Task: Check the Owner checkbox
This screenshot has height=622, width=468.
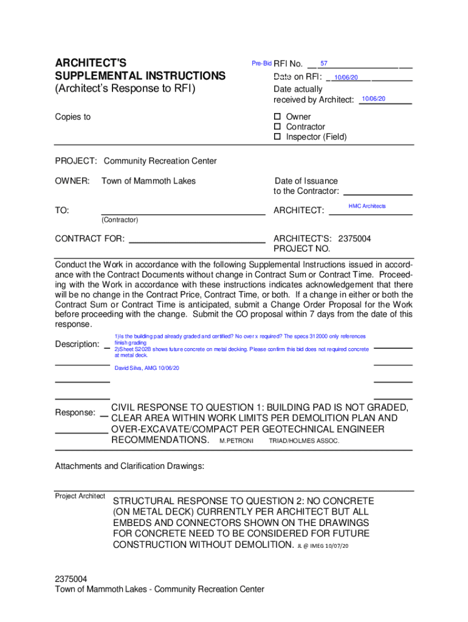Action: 277,117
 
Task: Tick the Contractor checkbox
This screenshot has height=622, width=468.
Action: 277,127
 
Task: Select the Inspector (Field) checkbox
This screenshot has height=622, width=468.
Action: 277,137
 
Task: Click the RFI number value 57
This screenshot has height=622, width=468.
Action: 324,64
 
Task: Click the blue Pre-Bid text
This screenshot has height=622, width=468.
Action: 261,64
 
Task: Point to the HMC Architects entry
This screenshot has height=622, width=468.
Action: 367,207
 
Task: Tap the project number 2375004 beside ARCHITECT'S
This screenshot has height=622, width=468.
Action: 354,239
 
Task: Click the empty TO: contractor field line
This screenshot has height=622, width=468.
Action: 183,214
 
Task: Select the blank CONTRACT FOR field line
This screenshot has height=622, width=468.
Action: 198,242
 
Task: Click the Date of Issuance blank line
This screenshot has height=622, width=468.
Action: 378,194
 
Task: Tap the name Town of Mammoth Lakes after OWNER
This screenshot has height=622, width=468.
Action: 148,181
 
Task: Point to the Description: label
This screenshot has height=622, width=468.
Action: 77,344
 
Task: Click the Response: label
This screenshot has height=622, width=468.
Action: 75,413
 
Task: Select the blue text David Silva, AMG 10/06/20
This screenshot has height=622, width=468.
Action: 146,368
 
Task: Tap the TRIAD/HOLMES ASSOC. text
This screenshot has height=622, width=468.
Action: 304,440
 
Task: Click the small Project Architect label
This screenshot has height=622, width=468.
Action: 80,496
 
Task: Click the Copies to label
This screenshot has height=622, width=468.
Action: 73,117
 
